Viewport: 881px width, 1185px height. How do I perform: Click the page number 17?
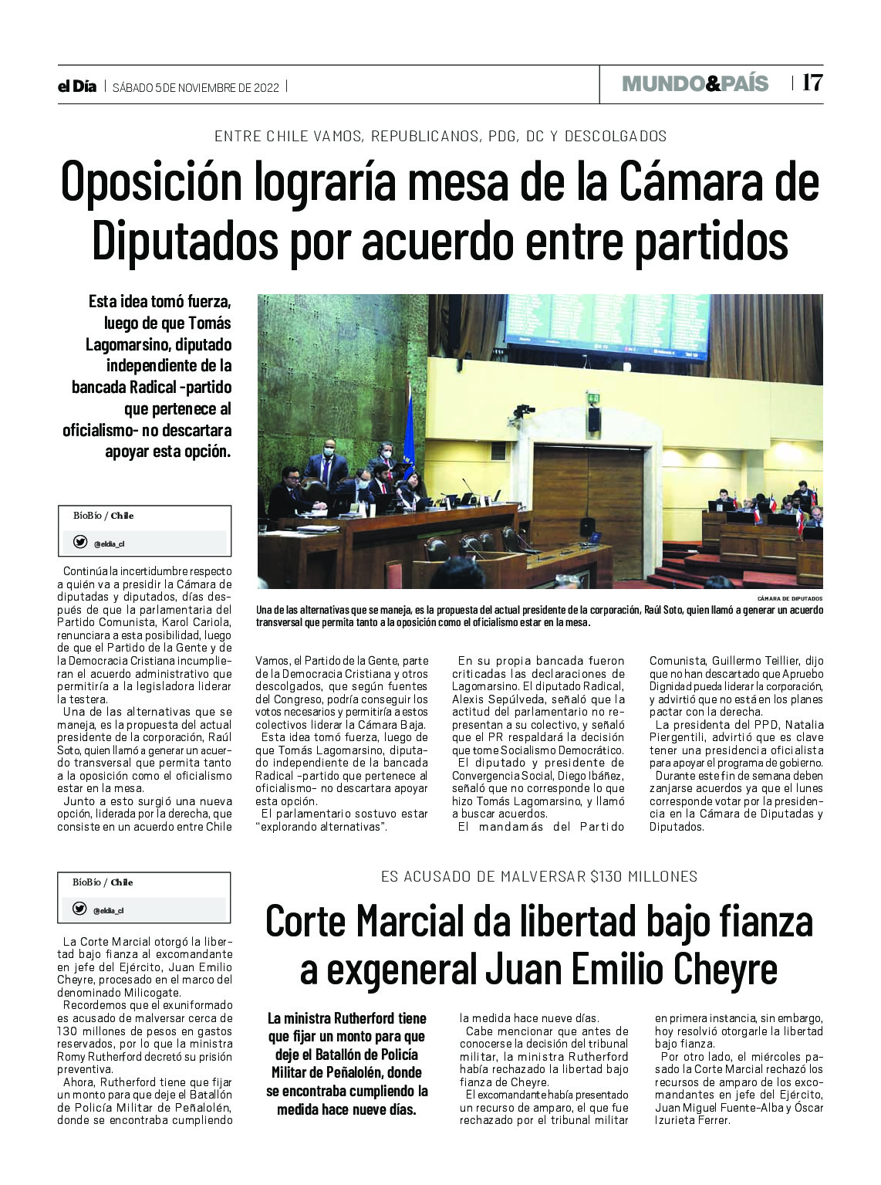click(x=812, y=83)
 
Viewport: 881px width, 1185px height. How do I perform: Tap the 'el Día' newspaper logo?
click(x=77, y=86)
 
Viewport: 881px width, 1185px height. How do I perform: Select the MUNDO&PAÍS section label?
click(x=695, y=83)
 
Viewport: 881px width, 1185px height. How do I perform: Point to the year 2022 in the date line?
click(x=265, y=87)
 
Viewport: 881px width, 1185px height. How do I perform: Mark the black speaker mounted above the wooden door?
click(x=594, y=419)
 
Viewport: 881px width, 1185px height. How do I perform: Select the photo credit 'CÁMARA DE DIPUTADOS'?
click(x=790, y=599)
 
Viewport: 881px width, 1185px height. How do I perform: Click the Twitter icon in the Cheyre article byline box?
click(x=79, y=909)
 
